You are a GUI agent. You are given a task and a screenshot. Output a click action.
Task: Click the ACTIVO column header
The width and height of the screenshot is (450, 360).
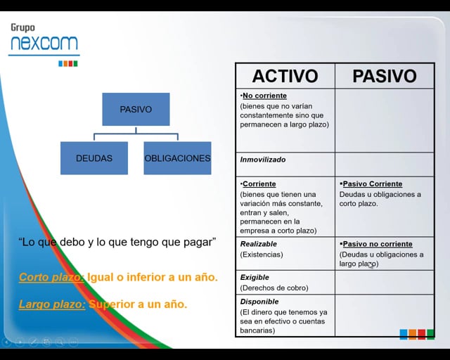click(285, 76)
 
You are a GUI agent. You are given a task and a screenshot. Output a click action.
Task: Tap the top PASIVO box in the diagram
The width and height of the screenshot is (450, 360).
click(136, 109)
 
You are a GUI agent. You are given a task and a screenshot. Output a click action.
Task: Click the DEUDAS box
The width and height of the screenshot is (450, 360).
click(94, 158)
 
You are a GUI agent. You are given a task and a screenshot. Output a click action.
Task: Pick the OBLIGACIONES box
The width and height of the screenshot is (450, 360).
click(177, 158)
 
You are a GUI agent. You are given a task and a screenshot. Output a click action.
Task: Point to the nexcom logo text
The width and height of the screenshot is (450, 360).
click(44, 44)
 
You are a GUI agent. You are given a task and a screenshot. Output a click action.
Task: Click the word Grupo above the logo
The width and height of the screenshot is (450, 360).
click(22, 27)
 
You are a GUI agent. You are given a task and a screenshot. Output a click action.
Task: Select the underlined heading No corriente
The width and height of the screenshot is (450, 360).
click(264, 96)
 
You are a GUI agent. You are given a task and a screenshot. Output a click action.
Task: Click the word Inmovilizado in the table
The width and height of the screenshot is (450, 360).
click(263, 160)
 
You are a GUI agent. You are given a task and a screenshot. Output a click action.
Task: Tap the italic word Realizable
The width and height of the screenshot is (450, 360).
click(259, 244)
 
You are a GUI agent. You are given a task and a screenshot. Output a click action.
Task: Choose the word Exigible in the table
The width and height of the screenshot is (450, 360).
click(255, 277)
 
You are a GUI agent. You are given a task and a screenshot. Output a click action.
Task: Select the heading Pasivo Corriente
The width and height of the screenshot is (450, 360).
click(372, 184)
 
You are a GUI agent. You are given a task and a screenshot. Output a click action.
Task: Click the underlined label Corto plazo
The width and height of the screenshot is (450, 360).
click(51, 277)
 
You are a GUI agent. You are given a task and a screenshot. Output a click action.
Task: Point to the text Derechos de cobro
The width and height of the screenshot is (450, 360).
click(269, 288)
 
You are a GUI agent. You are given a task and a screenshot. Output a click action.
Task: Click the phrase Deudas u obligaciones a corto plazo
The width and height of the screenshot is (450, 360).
click(380, 199)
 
